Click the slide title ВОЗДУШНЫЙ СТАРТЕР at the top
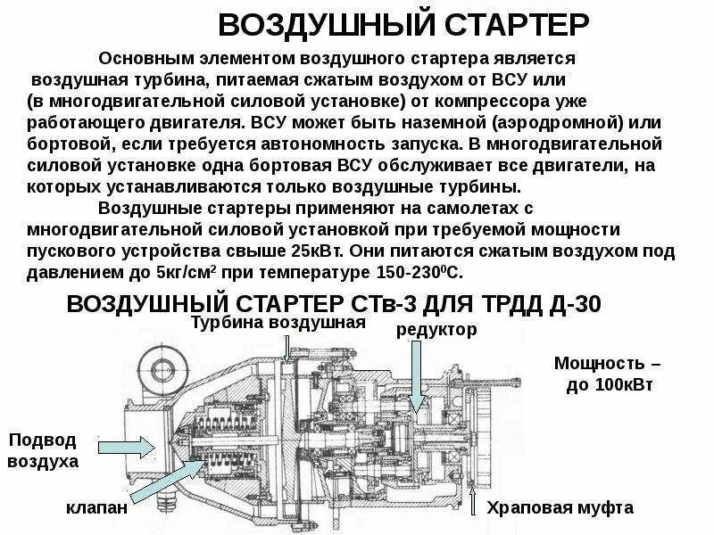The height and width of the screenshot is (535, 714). click(403, 24)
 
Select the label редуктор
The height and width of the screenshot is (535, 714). click(436, 329)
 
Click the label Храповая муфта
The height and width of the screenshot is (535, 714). click(560, 508)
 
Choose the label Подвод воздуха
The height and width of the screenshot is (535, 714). click(43, 451)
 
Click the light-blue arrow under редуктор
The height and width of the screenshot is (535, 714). click(414, 374)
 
